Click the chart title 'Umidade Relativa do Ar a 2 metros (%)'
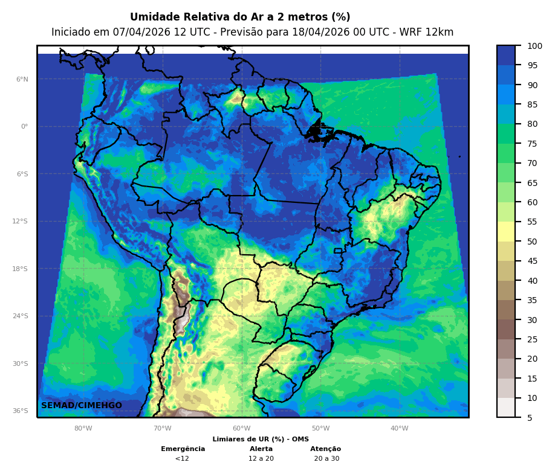coord(240,18)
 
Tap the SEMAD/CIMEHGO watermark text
coord(82,405)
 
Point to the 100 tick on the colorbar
coord(534,46)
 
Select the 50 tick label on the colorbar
coord(532,242)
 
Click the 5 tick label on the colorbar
coord(530,417)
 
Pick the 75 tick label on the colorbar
coord(532,144)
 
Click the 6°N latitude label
coord(22,79)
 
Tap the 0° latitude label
coord(24,127)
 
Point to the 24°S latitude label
coord(21,316)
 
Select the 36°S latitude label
coord(21,411)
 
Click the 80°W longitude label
coord(83,429)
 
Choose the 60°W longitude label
coord(242,429)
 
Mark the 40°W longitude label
coord(399,429)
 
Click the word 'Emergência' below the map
coord(183,449)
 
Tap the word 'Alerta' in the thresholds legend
coord(261,449)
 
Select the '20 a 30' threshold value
coord(326,458)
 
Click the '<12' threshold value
coord(182,458)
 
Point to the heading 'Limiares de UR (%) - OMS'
coord(261,439)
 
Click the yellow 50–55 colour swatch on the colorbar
coord(506,232)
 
